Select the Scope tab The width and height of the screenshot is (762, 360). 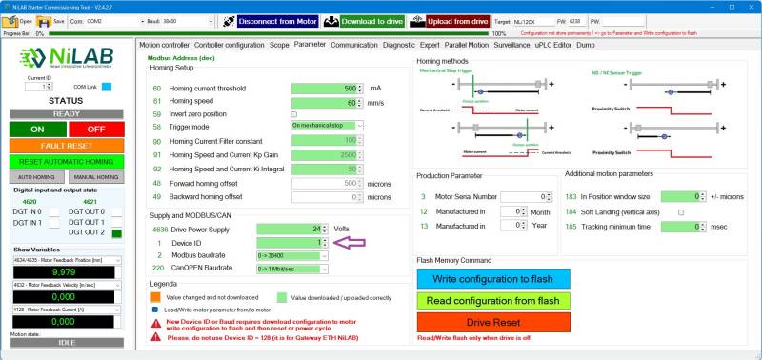click(x=279, y=44)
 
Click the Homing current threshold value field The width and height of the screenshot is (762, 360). click(x=323, y=88)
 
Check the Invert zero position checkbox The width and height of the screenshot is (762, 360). click(x=293, y=113)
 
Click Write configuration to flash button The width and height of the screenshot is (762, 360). click(x=492, y=278)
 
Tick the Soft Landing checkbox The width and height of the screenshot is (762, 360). click(x=681, y=211)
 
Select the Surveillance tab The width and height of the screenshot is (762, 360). click(x=511, y=44)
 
